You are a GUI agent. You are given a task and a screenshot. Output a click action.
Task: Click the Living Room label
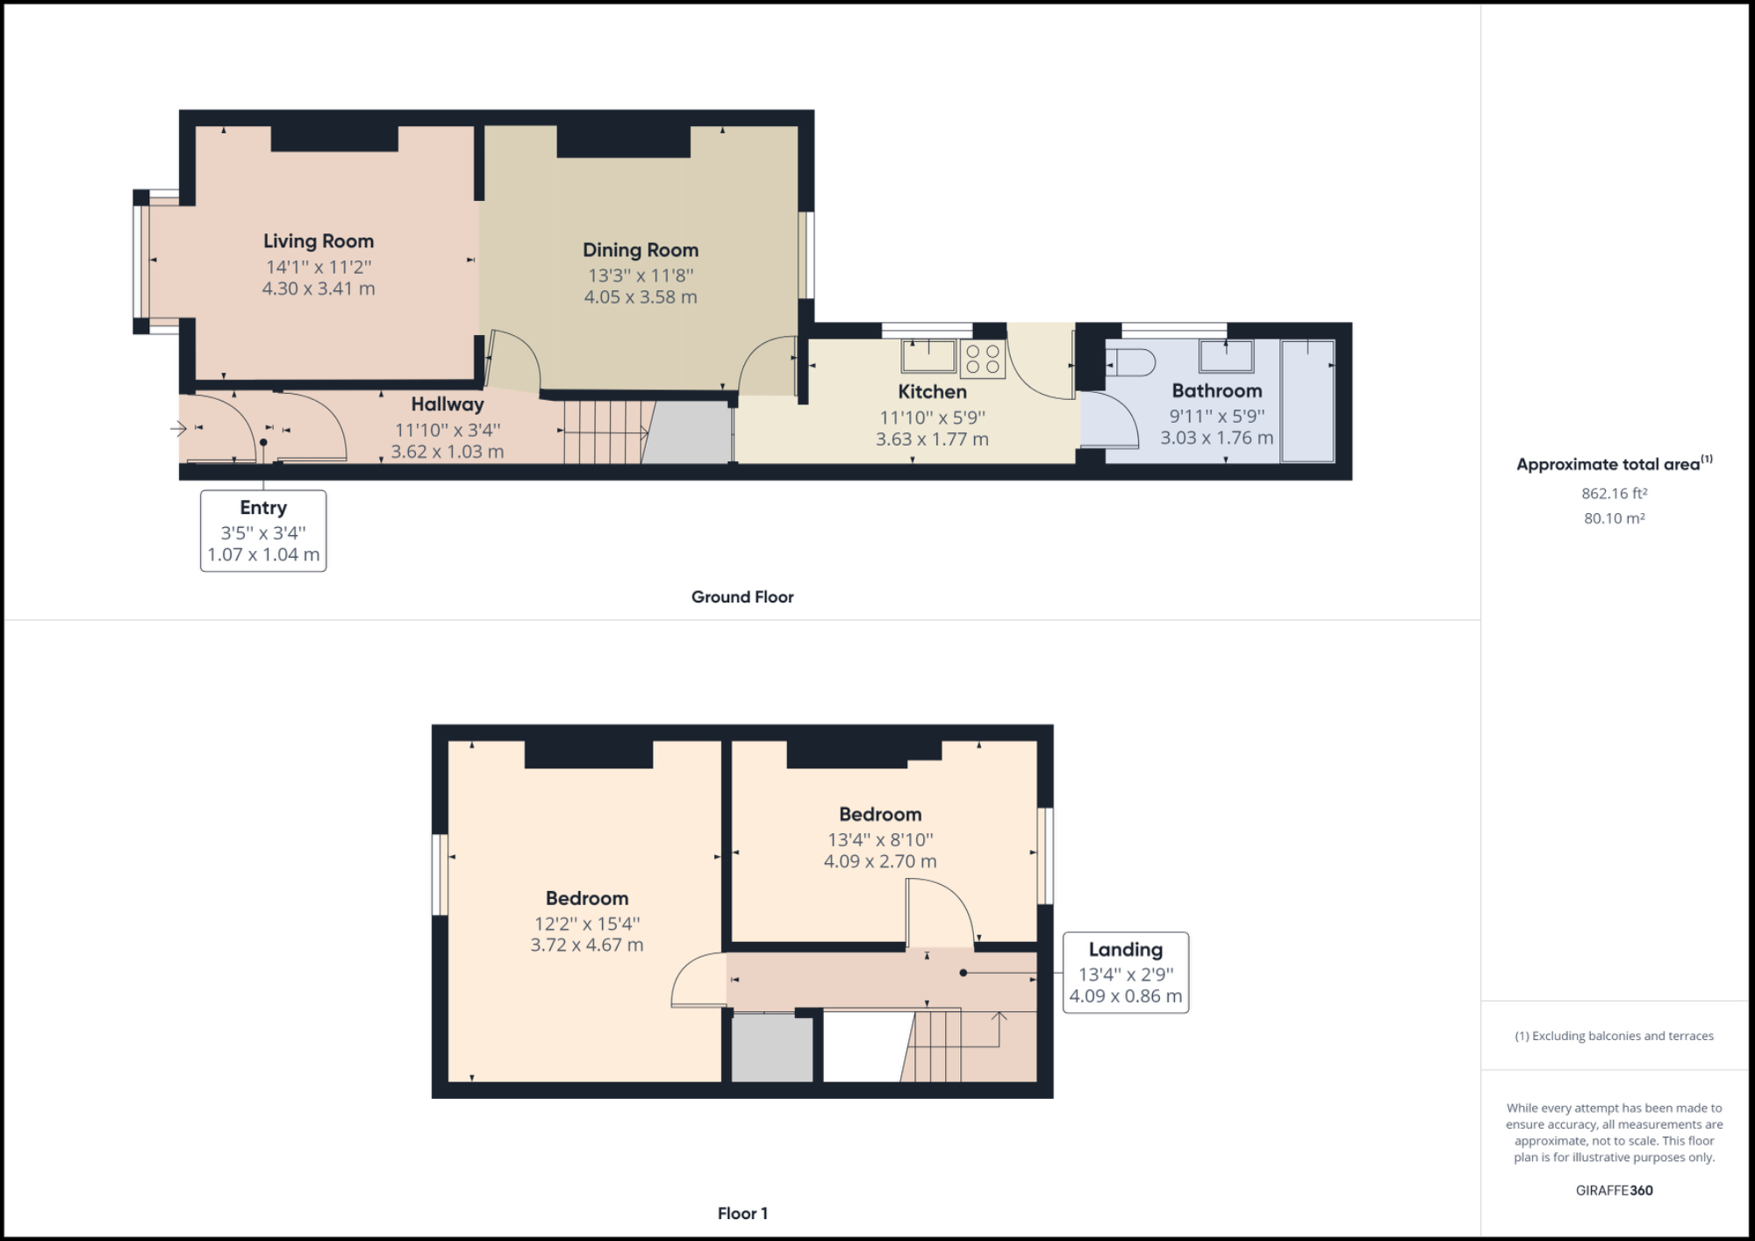(x=319, y=241)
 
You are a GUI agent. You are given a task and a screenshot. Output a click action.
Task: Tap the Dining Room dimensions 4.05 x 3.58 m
(x=641, y=297)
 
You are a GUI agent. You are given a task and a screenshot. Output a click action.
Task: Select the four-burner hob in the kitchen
(x=983, y=359)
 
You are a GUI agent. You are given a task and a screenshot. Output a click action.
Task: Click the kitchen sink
(x=929, y=356)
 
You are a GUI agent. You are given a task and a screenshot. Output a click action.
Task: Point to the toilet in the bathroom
(x=1131, y=362)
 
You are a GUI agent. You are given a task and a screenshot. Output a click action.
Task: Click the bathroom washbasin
(x=1227, y=356)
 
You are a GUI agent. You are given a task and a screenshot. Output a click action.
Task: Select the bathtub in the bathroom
(x=1307, y=401)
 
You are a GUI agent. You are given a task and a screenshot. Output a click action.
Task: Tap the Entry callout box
(x=263, y=531)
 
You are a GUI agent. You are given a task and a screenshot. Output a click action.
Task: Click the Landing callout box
(x=1125, y=973)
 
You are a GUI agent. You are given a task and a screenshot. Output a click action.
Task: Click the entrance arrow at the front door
(x=179, y=429)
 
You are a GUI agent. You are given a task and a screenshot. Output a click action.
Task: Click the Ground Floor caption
(x=742, y=597)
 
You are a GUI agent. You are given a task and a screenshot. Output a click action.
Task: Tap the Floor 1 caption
(x=742, y=1214)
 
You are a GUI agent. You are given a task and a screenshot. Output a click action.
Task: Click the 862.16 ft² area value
(x=1614, y=494)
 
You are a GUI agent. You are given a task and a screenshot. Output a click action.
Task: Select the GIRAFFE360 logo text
(x=1614, y=1190)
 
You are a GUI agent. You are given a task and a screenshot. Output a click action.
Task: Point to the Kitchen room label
(x=932, y=392)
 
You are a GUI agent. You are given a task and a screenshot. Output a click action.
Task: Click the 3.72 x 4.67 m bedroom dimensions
(x=586, y=945)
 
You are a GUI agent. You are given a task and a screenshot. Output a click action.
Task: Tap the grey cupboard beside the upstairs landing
(x=771, y=1048)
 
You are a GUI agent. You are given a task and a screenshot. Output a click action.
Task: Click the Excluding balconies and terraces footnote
(x=1614, y=1036)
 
